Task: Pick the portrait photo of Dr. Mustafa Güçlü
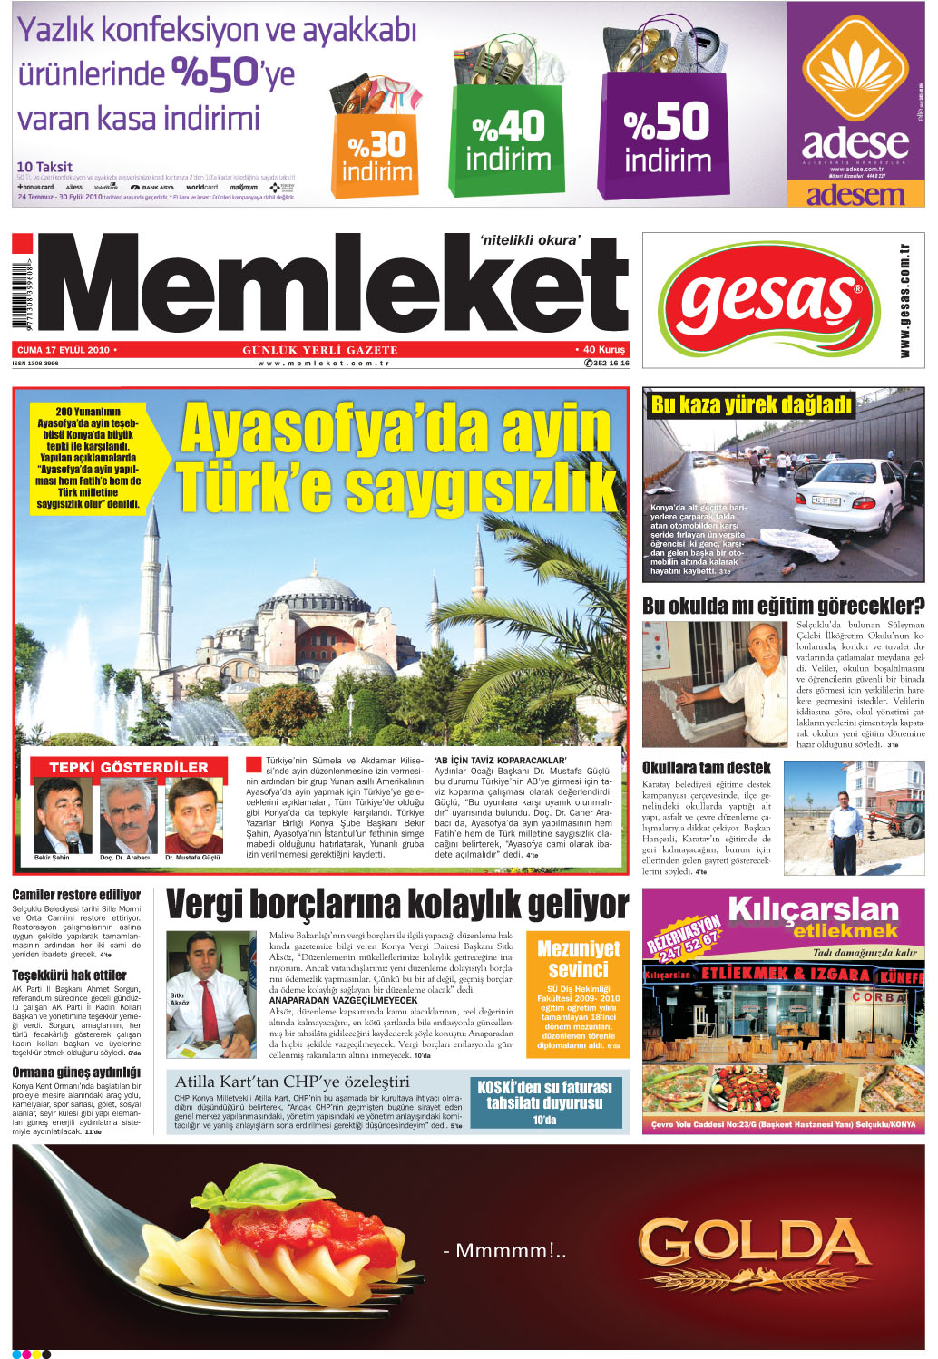point(193,814)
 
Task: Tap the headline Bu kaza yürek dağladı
point(750,405)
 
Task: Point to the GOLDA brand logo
point(753,1252)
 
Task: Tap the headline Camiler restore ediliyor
point(76,895)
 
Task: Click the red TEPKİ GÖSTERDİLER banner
point(128,767)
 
